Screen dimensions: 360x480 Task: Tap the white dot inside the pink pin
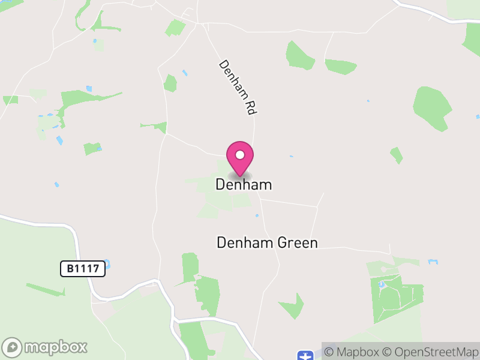pos(240,155)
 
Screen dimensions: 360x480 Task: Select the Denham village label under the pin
pos(244,185)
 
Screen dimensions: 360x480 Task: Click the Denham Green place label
pos(267,242)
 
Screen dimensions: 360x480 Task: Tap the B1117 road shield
pos(83,269)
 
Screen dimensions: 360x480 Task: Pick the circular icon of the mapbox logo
pos(13,347)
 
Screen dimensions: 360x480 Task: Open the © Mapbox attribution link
pos(353,352)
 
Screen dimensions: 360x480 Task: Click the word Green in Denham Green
pos(296,242)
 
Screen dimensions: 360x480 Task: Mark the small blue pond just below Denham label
pos(256,215)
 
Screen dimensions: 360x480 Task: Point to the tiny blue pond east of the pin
pos(291,157)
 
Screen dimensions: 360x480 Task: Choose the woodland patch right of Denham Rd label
pos(300,55)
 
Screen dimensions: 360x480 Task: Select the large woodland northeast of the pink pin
pos(432,107)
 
